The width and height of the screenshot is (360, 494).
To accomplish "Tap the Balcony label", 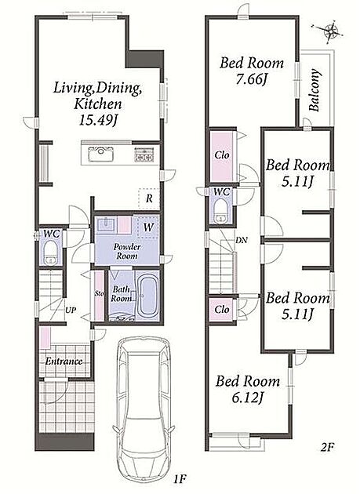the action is click(315, 90).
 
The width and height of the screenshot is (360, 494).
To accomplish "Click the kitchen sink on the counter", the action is click(101, 154).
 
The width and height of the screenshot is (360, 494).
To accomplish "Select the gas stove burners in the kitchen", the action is click(144, 154).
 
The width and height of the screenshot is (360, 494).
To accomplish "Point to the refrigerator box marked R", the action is click(149, 199).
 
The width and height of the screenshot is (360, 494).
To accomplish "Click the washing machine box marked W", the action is click(147, 227).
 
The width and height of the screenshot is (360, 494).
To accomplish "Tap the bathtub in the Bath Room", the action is click(147, 296).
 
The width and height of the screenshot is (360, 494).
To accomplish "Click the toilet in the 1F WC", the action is click(50, 252).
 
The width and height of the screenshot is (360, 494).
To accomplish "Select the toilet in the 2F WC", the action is click(222, 211).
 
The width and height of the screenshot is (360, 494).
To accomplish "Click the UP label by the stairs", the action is click(71, 310).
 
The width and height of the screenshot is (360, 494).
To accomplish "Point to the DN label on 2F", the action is click(241, 241).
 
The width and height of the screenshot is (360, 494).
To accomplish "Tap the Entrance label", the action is click(64, 361).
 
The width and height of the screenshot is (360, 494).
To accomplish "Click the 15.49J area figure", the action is click(98, 120).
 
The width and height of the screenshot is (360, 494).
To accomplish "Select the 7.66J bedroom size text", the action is click(252, 79).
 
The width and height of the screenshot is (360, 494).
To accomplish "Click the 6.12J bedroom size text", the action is click(248, 398).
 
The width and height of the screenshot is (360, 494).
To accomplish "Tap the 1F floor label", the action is click(180, 479).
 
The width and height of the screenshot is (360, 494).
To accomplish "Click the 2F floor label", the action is click(327, 447).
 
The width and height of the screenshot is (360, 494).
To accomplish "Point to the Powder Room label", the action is click(127, 251).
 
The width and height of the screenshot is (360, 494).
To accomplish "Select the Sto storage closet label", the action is click(100, 293).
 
